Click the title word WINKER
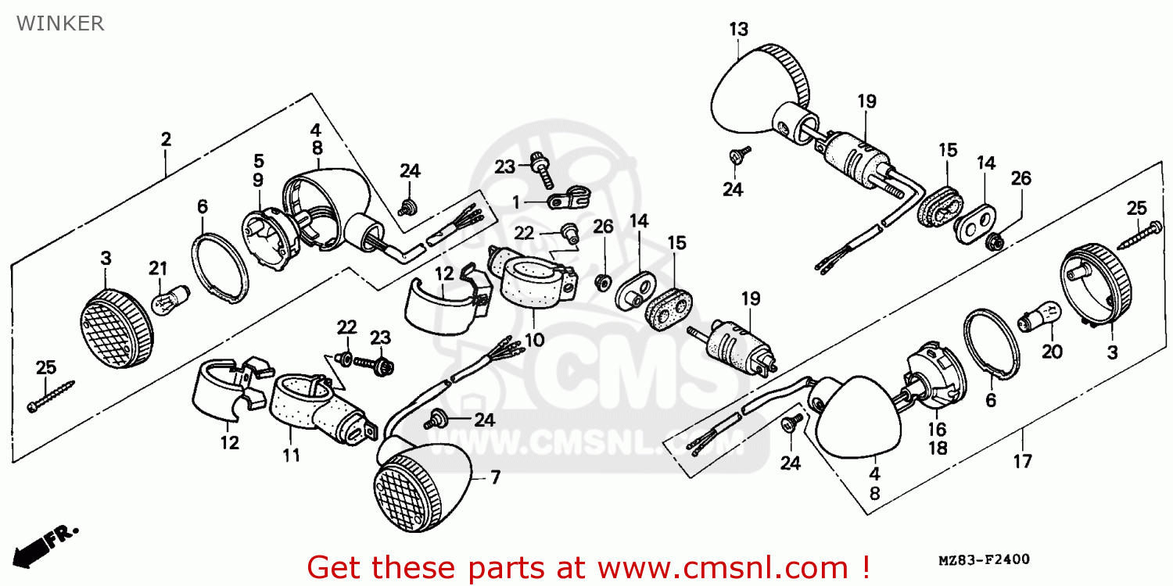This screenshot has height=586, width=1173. pos(60,23)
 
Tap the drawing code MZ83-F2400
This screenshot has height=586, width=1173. pos(984,560)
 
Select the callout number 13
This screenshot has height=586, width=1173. pos(739,30)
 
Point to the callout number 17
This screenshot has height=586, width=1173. pos(1023,462)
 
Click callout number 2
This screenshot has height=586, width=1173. pos(166,139)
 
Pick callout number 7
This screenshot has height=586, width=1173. pos(495,477)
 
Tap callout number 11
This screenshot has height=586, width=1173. pos(292,456)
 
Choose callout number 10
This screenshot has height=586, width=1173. pos(534,340)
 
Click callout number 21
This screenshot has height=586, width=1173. pos(158,269)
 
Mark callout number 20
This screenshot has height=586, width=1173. pos(1052,352)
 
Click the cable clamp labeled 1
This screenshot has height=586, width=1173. pos(569,197)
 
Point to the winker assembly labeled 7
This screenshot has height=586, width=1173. pos(422,487)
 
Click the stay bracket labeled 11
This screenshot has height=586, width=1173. pos(322,411)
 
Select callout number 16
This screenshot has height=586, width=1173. pos(938,430)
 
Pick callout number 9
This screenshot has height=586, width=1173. pos(258,180)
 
